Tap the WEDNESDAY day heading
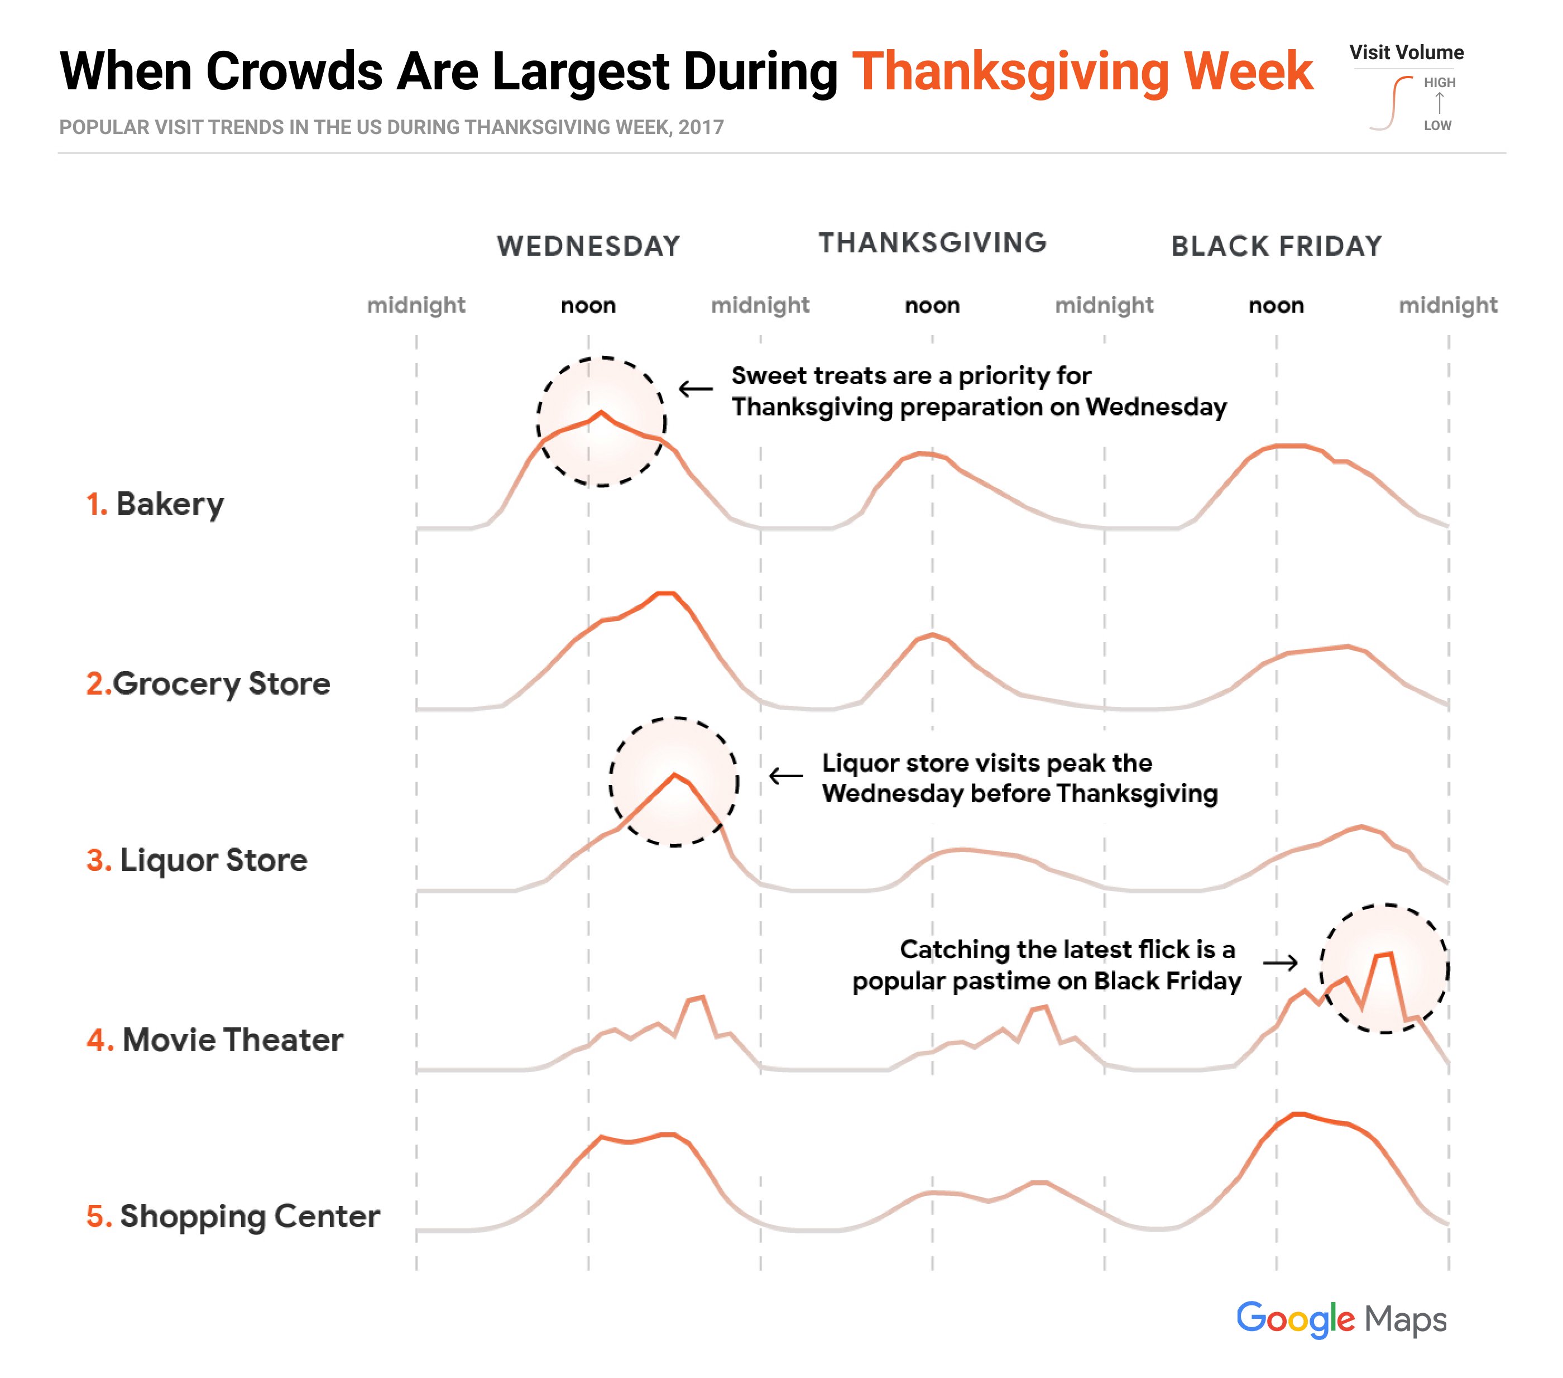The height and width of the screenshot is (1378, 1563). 588,246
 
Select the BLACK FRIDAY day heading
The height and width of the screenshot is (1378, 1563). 1276,246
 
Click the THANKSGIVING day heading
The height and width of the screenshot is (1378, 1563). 932,243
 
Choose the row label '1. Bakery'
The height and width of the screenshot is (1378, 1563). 155,505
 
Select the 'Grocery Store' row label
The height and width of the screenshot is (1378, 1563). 208,683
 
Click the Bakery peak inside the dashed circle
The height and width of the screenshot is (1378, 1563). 601,413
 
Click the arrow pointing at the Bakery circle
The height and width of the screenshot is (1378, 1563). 696,389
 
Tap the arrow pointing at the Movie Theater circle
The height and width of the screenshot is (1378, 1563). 1280,962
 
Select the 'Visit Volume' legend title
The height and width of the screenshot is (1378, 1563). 1406,53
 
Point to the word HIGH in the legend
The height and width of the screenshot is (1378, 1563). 1439,83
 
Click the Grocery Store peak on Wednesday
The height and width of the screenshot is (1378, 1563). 665,594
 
